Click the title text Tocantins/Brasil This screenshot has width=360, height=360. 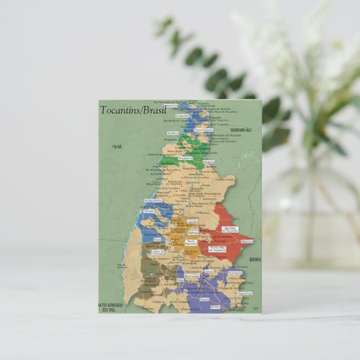(132, 110)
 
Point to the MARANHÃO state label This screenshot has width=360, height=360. (240, 129)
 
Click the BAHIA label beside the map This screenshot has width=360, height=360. (255, 259)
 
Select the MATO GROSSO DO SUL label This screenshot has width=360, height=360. (111, 307)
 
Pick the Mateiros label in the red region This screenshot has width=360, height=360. (246, 241)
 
